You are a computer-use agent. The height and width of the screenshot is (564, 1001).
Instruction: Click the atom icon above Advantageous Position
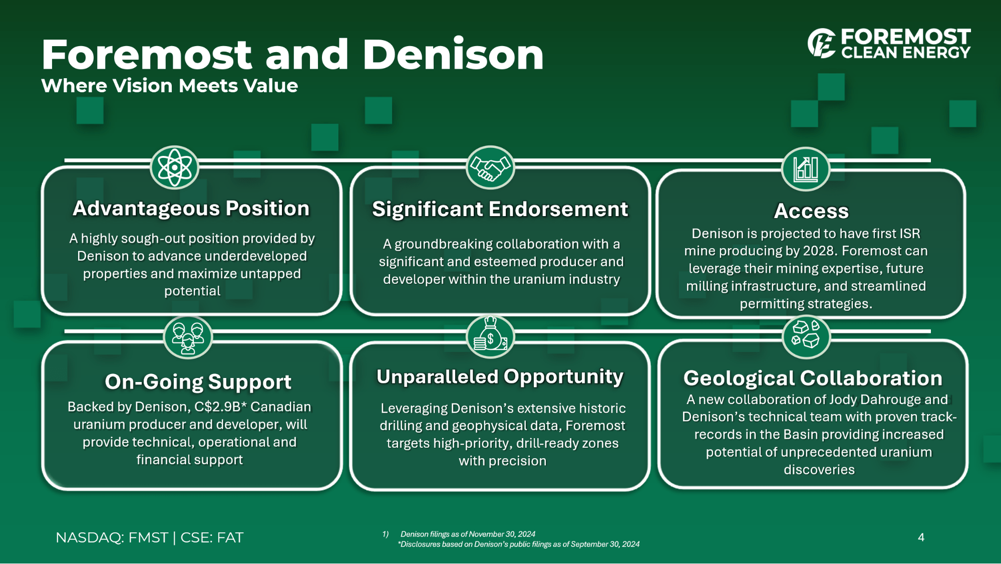[x=174, y=167]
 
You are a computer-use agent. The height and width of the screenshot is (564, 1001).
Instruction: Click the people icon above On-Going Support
[x=188, y=337]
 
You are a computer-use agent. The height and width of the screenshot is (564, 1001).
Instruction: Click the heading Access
[x=811, y=211]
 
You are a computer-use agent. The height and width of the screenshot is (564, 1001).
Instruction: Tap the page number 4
[x=921, y=537]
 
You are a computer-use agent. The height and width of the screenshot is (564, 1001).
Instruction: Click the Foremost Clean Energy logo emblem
[x=821, y=43]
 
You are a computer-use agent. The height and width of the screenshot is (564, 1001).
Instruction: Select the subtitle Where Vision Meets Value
[x=169, y=86]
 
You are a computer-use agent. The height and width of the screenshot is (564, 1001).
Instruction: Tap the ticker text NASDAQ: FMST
[x=112, y=537]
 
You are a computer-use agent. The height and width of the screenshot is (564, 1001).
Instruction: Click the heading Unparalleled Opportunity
[x=500, y=377]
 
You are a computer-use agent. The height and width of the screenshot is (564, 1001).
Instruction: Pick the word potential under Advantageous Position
[x=192, y=291]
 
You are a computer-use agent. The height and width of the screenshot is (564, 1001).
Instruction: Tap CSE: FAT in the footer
[x=212, y=537]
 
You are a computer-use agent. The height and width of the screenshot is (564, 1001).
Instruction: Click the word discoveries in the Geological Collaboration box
[x=819, y=470]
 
